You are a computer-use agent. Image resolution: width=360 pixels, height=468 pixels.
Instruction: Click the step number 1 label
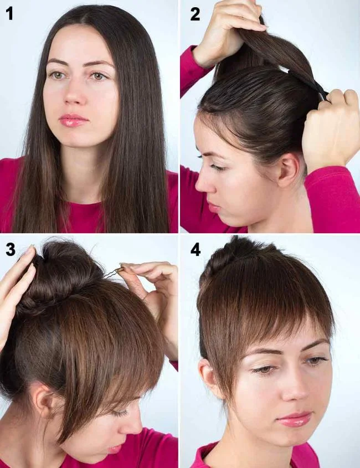9,14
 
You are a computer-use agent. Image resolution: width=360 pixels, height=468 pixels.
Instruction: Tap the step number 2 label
195,14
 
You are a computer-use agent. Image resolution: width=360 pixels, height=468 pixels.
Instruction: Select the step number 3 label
11,249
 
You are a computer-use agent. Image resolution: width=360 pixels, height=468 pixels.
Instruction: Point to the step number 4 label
196,249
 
